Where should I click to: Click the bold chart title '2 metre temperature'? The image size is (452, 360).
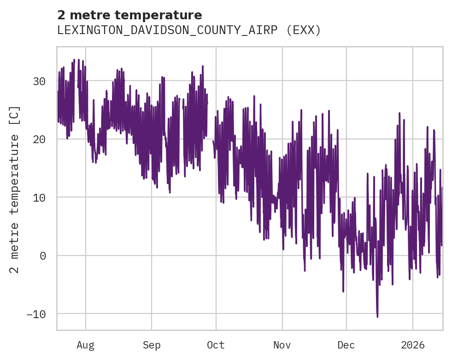tap(129, 15)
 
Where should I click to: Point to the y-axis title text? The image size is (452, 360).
tap(15, 189)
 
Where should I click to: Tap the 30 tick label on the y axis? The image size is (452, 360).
tap(39, 81)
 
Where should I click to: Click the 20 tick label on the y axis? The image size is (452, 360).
tap(39, 139)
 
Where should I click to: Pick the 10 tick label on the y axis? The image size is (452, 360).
tap(39, 197)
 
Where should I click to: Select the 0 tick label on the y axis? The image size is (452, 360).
tap(43, 255)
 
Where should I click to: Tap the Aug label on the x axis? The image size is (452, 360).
tap(85, 345)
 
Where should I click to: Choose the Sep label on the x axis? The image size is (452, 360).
tap(151, 345)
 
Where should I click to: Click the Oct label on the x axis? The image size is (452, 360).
tap(216, 345)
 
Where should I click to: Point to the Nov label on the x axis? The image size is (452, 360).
tap(282, 345)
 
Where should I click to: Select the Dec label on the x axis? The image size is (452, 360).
tap(346, 345)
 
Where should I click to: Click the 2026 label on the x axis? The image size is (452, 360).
tap(413, 345)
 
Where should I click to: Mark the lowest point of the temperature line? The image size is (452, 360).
tap(377, 317)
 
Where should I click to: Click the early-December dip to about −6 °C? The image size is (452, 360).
tap(343, 291)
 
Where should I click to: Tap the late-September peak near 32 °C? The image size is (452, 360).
tap(203, 66)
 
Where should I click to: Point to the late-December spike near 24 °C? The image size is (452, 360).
tap(399, 113)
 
